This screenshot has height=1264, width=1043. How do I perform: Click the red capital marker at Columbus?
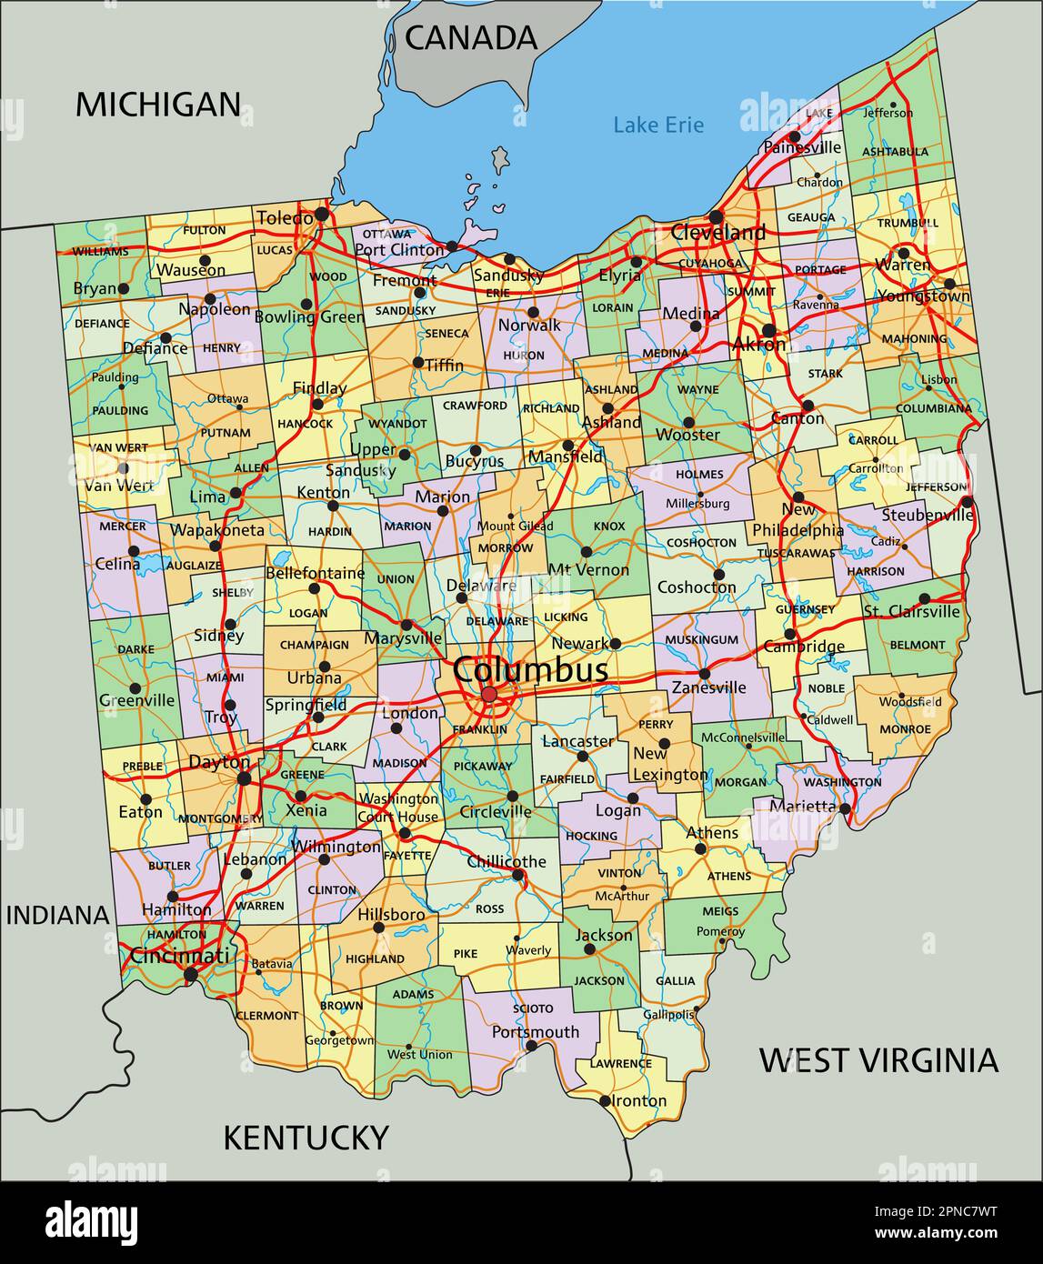click(489, 696)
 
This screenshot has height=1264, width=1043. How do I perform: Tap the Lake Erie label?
click(657, 125)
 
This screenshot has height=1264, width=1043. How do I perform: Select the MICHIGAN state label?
click(157, 105)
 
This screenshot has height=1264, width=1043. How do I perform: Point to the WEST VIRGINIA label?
click(878, 1060)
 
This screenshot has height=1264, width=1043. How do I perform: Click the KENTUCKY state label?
click(306, 1138)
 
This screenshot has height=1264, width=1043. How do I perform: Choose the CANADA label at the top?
click(471, 37)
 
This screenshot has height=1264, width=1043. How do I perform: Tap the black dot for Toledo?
click(321, 216)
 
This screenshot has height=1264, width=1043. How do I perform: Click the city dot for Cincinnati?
click(190, 975)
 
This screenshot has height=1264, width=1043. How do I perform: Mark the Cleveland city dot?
click(716, 217)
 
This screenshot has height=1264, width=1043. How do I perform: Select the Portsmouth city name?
click(535, 1032)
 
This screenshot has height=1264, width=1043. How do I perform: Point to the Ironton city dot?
click(605, 1101)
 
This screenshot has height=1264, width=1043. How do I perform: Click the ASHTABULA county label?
click(895, 152)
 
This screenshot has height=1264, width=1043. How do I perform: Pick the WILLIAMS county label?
click(100, 251)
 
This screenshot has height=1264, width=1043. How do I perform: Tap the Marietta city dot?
click(845, 808)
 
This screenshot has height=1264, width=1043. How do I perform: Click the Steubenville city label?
click(925, 516)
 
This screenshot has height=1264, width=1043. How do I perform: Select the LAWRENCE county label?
click(620, 1063)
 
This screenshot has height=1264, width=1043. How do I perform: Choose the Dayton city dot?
click(244, 778)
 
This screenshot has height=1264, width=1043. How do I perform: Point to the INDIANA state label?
click(58, 915)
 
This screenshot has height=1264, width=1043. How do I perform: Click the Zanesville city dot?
click(704, 674)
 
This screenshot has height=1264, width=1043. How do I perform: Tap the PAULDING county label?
click(119, 411)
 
